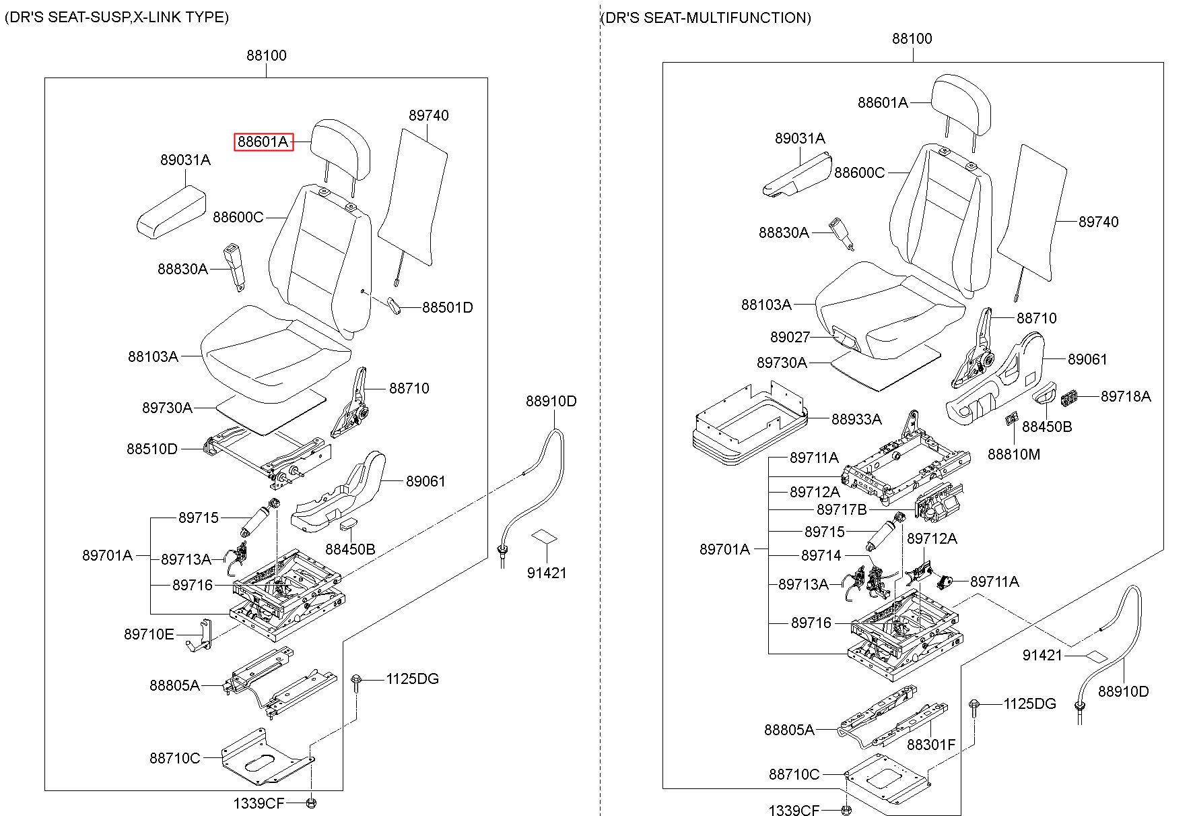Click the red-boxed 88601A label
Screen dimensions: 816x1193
click(263, 142)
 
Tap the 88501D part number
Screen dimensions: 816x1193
click(447, 308)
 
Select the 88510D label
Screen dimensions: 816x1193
click(152, 449)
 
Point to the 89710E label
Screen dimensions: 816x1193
click(149, 634)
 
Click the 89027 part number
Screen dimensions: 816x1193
click(790, 337)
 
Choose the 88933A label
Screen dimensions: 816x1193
click(856, 419)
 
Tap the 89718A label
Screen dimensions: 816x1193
click(1125, 396)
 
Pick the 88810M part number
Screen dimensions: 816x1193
click(1013, 454)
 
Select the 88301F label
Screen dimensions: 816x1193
click(930, 745)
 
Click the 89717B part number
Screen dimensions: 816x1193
click(841, 509)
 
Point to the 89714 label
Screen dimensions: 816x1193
click(821, 555)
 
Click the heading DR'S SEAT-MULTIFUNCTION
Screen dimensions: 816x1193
click(706, 18)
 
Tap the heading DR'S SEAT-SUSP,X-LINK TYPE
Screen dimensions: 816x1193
click(117, 18)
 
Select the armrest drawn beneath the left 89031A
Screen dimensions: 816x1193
click(172, 212)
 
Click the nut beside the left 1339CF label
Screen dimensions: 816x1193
click(311, 803)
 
